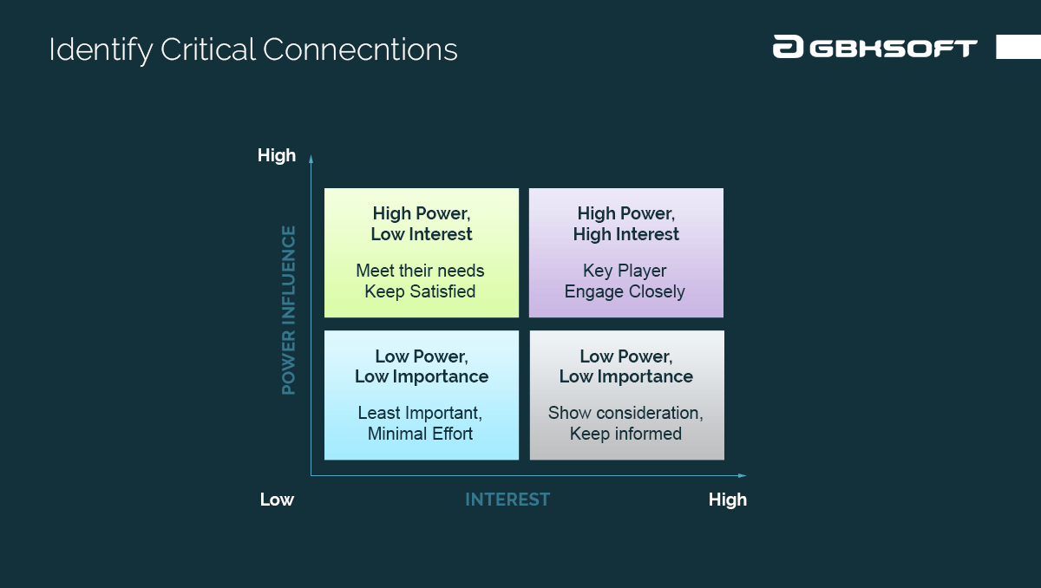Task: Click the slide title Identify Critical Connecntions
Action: tap(252, 49)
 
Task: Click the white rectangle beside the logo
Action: tap(1018, 47)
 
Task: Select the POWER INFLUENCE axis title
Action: tap(289, 310)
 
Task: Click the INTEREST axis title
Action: tap(507, 500)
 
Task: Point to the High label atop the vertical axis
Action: tap(277, 156)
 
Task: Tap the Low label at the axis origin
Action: tap(277, 500)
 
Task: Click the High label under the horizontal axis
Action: tap(727, 500)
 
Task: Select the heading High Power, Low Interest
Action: tap(422, 224)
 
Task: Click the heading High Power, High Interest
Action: tap(625, 224)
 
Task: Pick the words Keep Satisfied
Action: tap(420, 291)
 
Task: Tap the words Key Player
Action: tap(625, 271)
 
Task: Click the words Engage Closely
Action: tap(625, 291)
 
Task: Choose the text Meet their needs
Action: tap(420, 271)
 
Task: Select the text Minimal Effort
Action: tap(420, 434)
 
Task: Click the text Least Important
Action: tap(420, 413)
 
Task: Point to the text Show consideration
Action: tap(625, 413)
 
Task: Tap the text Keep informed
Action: tap(625, 434)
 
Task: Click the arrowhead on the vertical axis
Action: tap(311, 158)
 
